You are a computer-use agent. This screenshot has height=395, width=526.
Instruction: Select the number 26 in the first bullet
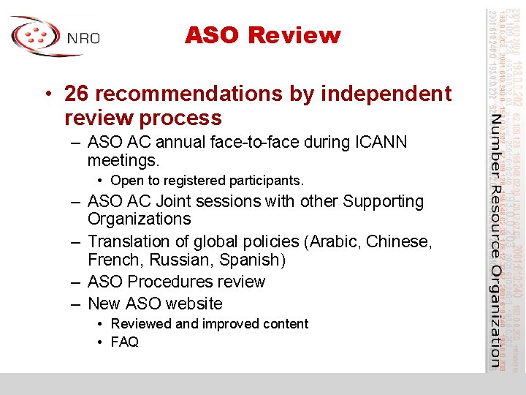pos(76,94)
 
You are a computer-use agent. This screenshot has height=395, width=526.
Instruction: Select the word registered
pos(186,180)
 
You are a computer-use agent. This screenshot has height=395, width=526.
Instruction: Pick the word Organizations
pos(139,219)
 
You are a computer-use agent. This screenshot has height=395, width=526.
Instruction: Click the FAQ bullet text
pos(124,342)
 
